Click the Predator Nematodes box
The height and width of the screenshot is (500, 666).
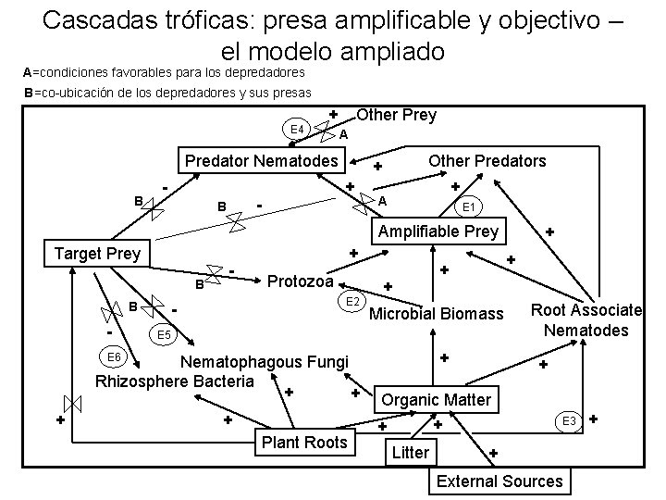click(262, 161)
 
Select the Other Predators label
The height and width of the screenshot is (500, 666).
click(487, 161)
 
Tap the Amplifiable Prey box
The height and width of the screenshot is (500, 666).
click(435, 231)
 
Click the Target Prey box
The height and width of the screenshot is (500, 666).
click(98, 252)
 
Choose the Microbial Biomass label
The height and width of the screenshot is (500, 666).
click(437, 315)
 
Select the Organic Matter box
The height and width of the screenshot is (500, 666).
click(438, 400)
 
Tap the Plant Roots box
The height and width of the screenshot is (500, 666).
click(304, 442)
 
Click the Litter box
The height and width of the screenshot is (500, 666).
click(410, 453)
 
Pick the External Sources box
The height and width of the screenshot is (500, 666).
click(499, 481)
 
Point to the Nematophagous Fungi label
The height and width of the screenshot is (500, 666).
click(264, 362)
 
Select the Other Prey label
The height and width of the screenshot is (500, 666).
click(396, 116)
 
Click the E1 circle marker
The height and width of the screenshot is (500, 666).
click(469, 206)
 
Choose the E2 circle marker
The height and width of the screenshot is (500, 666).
click(352, 302)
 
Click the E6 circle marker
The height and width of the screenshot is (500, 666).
click(115, 357)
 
